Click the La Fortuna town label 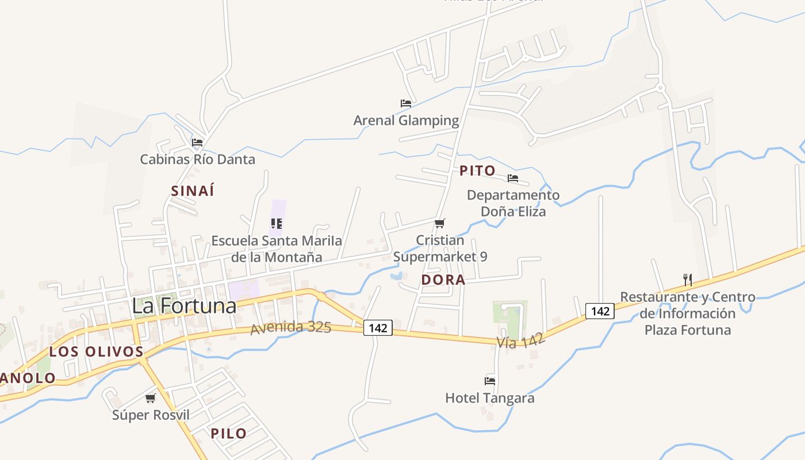(x=184, y=305)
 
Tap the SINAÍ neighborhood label (x=193, y=191)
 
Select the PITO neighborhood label (x=477, y=171)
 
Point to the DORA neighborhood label (x=443, y=280)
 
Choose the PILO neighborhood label (x=229, y=434)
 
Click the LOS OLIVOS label (x=96, y=352)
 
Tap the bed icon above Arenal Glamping (x=406, y=103)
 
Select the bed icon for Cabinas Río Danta (x=197, y=142)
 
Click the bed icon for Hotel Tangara (x=490, y=380)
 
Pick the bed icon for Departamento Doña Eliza (x=513, y=178)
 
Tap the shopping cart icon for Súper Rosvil (x=151, y=398)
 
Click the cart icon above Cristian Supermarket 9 (x=440, y=223)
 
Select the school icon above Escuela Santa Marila (x=277, y=223)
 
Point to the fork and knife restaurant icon (x=687, y=280)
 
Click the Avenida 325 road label (x=291, y=328)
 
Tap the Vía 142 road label (x=520, y=340)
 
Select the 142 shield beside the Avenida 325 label (x=378, y=328)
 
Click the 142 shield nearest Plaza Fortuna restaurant (x=600, y=311)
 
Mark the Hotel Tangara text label (x=490, y=398)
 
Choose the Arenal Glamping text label (x=406, y=121)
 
